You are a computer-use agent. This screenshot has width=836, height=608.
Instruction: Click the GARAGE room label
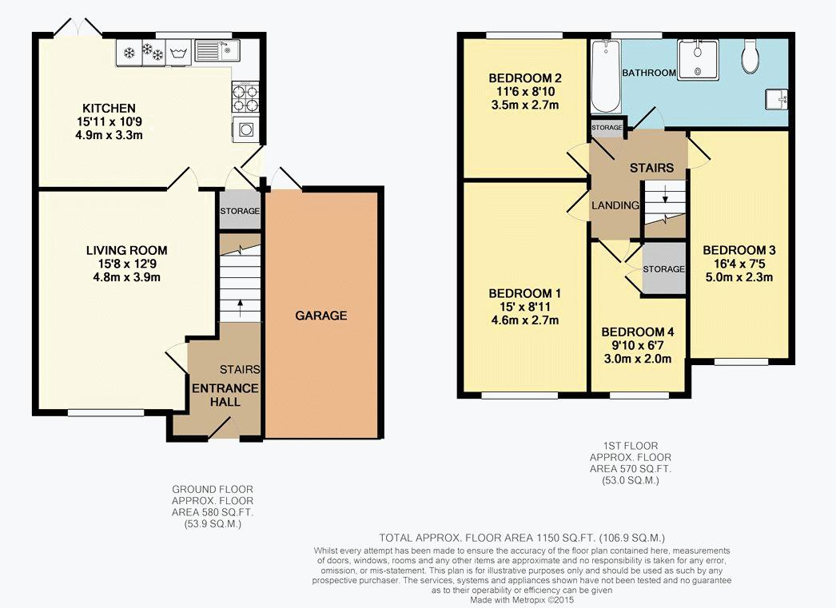[321, 316]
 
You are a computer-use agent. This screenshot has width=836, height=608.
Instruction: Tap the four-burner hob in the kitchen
[245, 97]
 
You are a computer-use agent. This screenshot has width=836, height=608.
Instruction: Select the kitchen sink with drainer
[217, 51]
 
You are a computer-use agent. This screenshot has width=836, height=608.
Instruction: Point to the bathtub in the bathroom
[606, 76]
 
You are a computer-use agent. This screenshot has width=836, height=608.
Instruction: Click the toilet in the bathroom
[750, 56]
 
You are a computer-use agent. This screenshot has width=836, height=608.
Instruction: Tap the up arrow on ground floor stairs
[240, 307]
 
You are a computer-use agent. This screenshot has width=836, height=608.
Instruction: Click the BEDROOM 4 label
[638, 332]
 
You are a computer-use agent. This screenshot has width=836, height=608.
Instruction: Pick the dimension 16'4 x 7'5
[739, 263]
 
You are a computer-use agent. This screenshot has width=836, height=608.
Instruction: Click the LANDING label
[615, 205]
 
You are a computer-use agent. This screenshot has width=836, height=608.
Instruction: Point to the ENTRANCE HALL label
[225, 395]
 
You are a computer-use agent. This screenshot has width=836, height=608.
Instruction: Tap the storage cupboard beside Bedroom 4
[664, 268]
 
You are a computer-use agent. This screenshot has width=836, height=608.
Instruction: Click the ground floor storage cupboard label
[240, 211]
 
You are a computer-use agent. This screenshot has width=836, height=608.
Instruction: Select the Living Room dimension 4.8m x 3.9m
[126, 277]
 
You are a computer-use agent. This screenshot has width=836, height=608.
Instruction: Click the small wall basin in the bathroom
[776, 99]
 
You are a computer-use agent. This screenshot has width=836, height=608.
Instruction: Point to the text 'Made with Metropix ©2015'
[522, 600]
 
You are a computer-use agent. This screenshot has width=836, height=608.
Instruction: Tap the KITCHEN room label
[109, 108]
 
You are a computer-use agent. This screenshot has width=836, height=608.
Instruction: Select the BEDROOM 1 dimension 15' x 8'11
[524, 307]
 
